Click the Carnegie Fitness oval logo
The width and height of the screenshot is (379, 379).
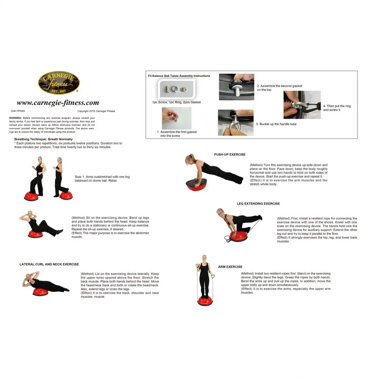59,83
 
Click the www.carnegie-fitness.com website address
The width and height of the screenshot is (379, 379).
58,103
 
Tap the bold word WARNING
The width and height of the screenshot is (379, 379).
15,118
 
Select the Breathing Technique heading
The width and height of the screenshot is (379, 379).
43,139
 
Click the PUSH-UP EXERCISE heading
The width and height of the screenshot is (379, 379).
229,154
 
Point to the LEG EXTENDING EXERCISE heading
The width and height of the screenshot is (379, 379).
258,204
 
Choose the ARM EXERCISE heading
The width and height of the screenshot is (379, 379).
230,267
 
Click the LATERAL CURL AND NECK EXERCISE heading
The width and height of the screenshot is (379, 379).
49,264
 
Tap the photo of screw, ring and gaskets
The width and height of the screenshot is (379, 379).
176,89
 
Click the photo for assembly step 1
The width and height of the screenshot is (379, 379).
177,119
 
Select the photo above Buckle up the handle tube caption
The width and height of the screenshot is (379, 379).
236,123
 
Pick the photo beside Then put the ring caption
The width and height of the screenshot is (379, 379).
302,105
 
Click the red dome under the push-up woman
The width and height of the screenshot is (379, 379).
196,185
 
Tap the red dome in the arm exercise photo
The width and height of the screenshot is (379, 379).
205,301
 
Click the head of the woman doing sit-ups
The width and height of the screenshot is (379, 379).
30,213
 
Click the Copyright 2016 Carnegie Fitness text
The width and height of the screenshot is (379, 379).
96,111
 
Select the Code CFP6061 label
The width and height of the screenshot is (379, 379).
18,111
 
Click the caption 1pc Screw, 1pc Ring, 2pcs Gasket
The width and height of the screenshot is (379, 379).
176,102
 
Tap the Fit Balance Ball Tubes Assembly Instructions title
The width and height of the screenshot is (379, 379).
179,76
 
